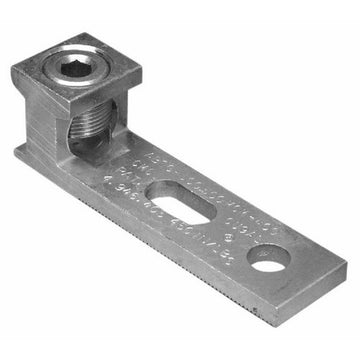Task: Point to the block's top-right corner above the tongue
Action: (138, 70)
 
